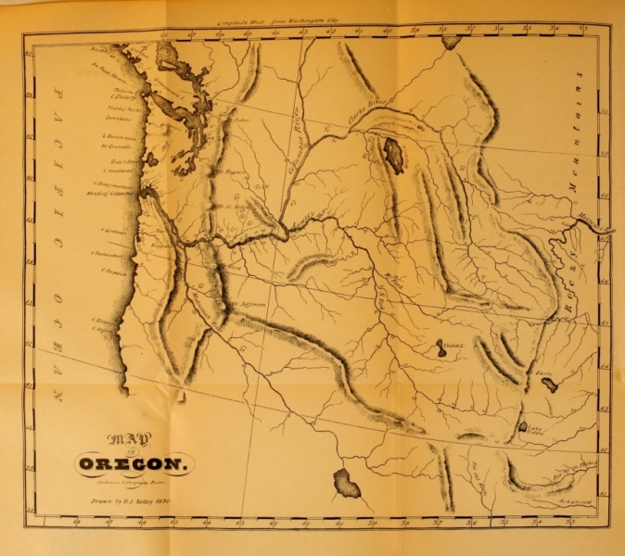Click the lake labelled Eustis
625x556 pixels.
point(549,382)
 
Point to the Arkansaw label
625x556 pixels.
point(576,497)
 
